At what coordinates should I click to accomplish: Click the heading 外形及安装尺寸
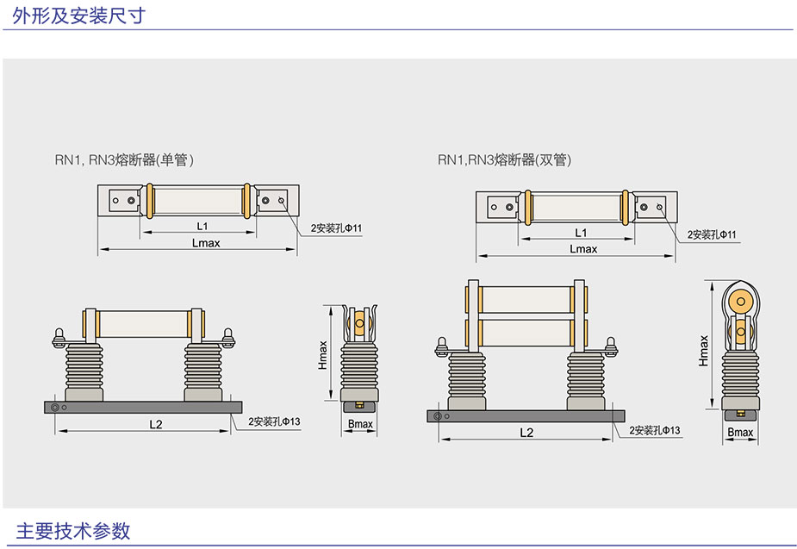[78, 16]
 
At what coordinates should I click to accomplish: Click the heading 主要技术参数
[73, 531]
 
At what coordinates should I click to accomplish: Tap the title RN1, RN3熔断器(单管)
[124, 159]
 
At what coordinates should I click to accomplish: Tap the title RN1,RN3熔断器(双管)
[504, 159]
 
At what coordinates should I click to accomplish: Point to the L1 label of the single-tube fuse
[202, 226]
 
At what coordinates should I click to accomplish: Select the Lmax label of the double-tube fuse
[583, 249]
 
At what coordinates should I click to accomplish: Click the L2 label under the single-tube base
[156, 424]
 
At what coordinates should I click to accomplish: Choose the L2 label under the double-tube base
[526, 433]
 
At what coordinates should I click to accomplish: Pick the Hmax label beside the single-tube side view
[323, 355]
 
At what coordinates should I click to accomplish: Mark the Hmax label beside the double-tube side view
[703, 350]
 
